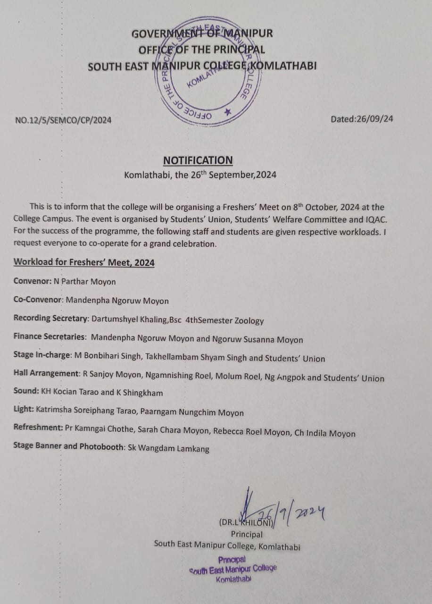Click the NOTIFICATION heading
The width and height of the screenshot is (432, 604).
click(198, 160)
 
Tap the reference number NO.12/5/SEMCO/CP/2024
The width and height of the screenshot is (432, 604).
click(64, 120)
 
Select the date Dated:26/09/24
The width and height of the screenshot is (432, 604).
click(362, 119)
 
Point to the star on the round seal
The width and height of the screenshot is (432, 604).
click(228, 112)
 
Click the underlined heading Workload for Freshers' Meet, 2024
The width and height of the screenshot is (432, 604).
click(84, 263)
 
